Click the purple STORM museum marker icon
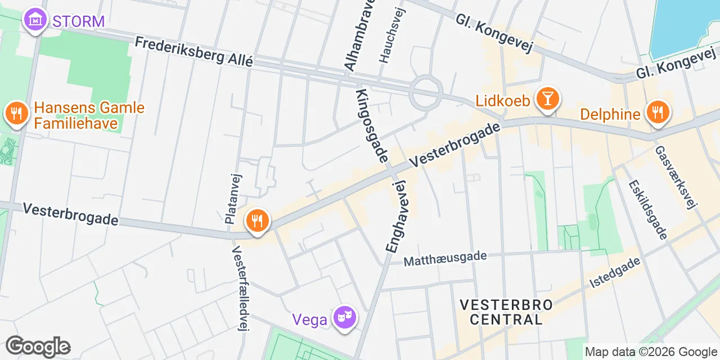pyautogui.click(x=35, y=20)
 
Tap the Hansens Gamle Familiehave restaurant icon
pyautogui.click(x=17, y=114)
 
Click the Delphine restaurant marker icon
pyautogui.click(x=657, y=111)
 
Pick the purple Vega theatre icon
pyautogui.click(x=343, y=318)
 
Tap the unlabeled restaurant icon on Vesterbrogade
pyautogui.click(x=258, y=219)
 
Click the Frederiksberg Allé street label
pyautogui.click(x=194, y=52)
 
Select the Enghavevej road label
pyautogui.click(x=396, y=216)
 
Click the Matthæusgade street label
pyautogui.click(x=445, y=258)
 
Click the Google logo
pyautogui.click(x=38, y=346)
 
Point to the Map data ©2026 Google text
pyautogui.click(x=651, y=352)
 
